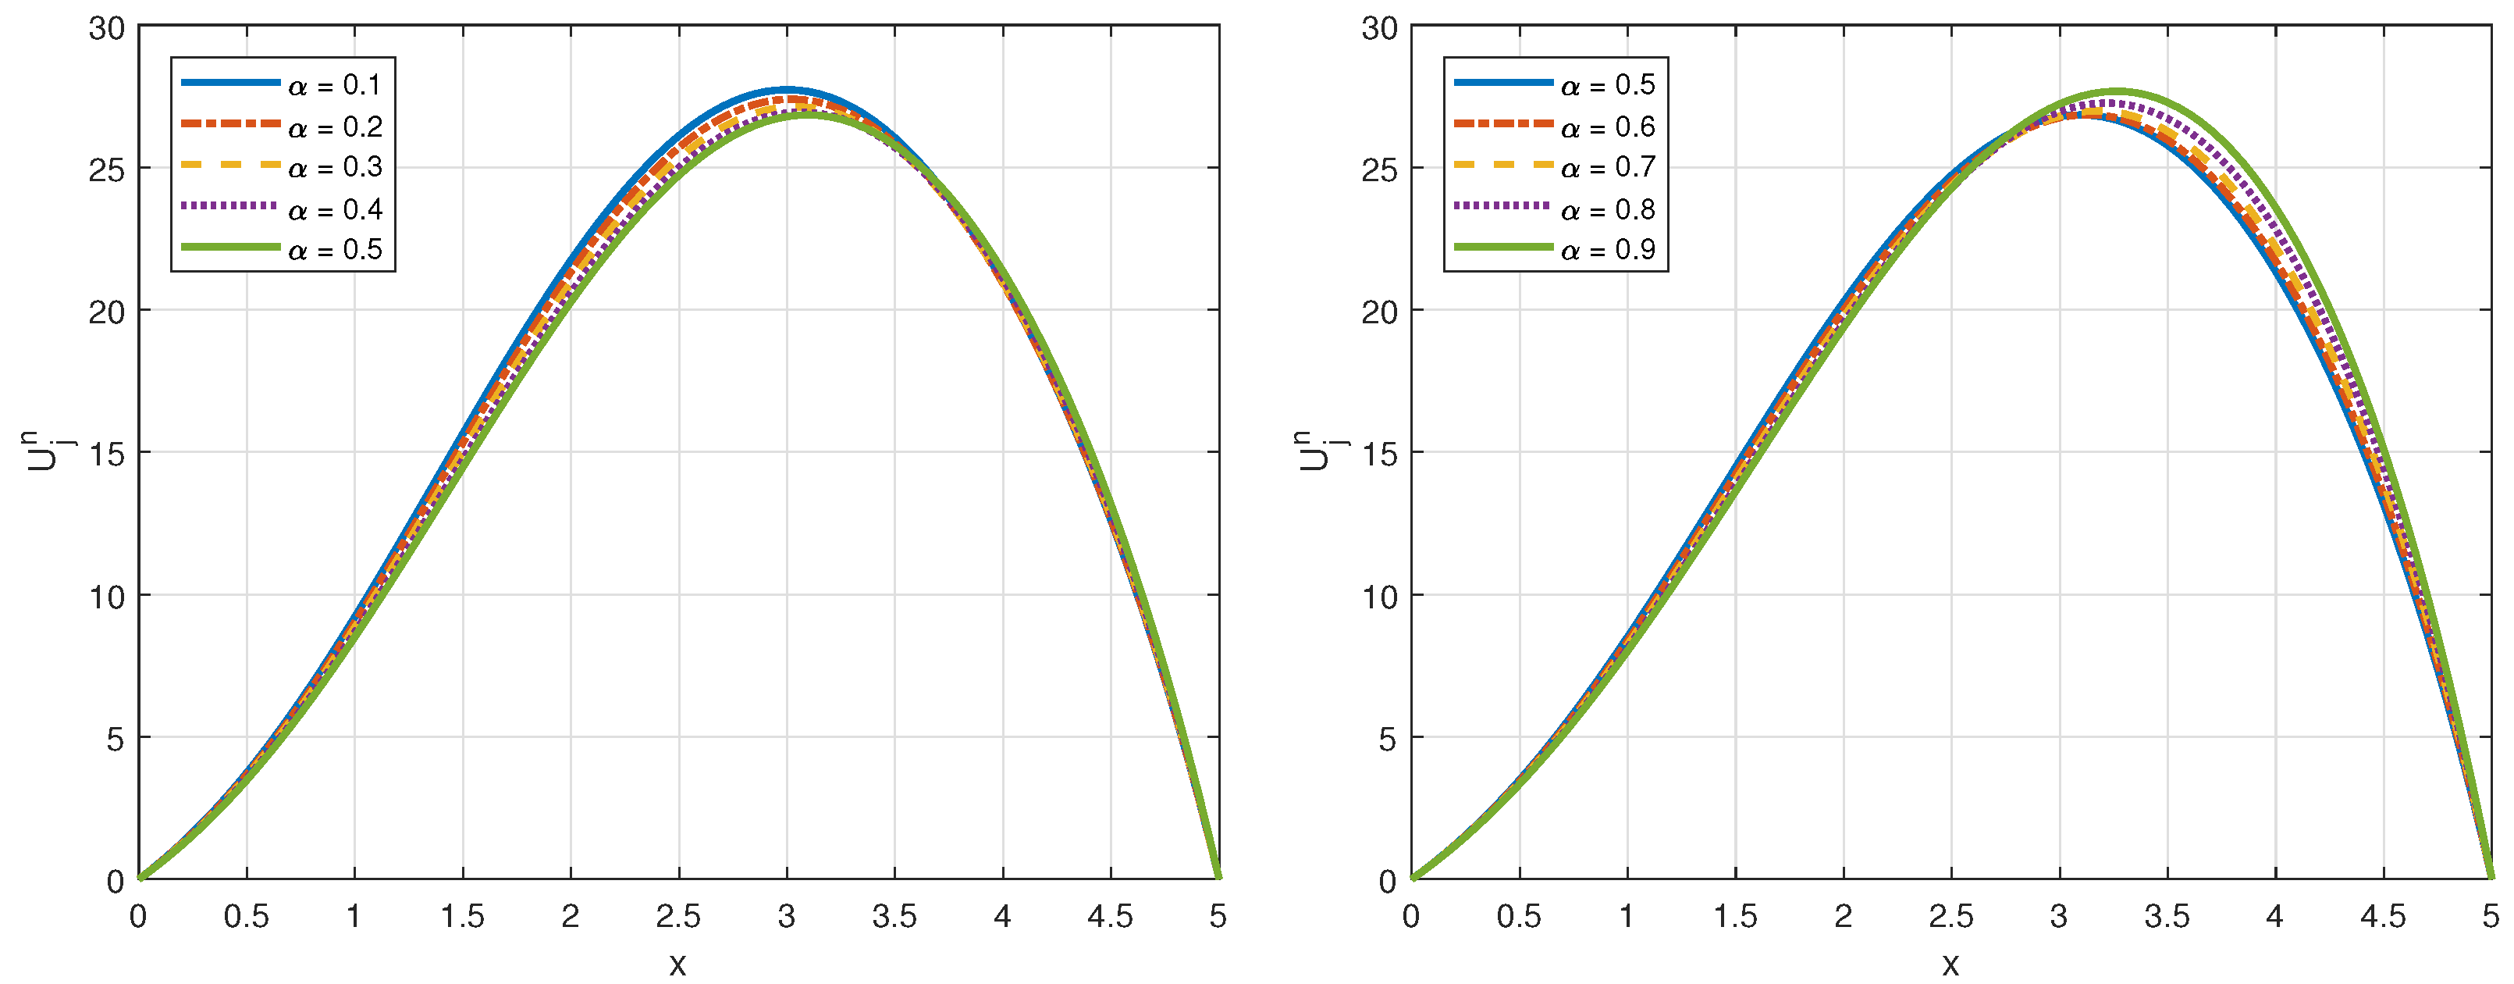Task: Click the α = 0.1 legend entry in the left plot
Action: (335, 86)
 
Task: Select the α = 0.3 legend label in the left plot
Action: (335, 168)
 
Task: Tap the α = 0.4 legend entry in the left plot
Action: (335, 210)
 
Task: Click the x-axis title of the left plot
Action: (678, 964)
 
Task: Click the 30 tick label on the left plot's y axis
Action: (108, 28)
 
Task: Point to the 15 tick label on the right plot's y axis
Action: (1380, 454)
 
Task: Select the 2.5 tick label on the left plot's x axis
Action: (678, 917)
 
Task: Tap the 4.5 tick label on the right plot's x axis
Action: (2383, 917)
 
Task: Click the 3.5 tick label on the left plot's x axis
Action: (894, 917)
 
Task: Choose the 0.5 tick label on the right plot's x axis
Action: (1520, 917)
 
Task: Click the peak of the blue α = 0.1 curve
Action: (787, 90)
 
